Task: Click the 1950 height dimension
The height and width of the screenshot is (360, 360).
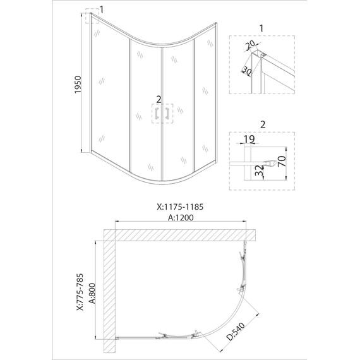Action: [x=78, y=85]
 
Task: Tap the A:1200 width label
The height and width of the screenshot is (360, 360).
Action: [x=181, y=217]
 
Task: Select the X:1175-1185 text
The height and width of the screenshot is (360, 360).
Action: [x=180, y=207]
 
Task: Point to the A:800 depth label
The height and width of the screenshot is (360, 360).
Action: [x=92, y=293]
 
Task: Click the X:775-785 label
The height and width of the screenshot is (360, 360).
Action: [x=80, y=292]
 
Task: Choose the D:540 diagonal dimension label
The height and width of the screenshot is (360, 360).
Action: [x=236, y=331]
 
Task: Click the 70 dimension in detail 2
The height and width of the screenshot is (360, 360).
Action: [x=282, y=161]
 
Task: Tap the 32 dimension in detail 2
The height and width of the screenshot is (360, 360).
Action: [x=260, y=171]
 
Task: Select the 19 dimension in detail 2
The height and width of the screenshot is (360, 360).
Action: [x=249, y=139]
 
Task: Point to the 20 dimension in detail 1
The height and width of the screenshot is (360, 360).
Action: [x=250, y=45]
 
